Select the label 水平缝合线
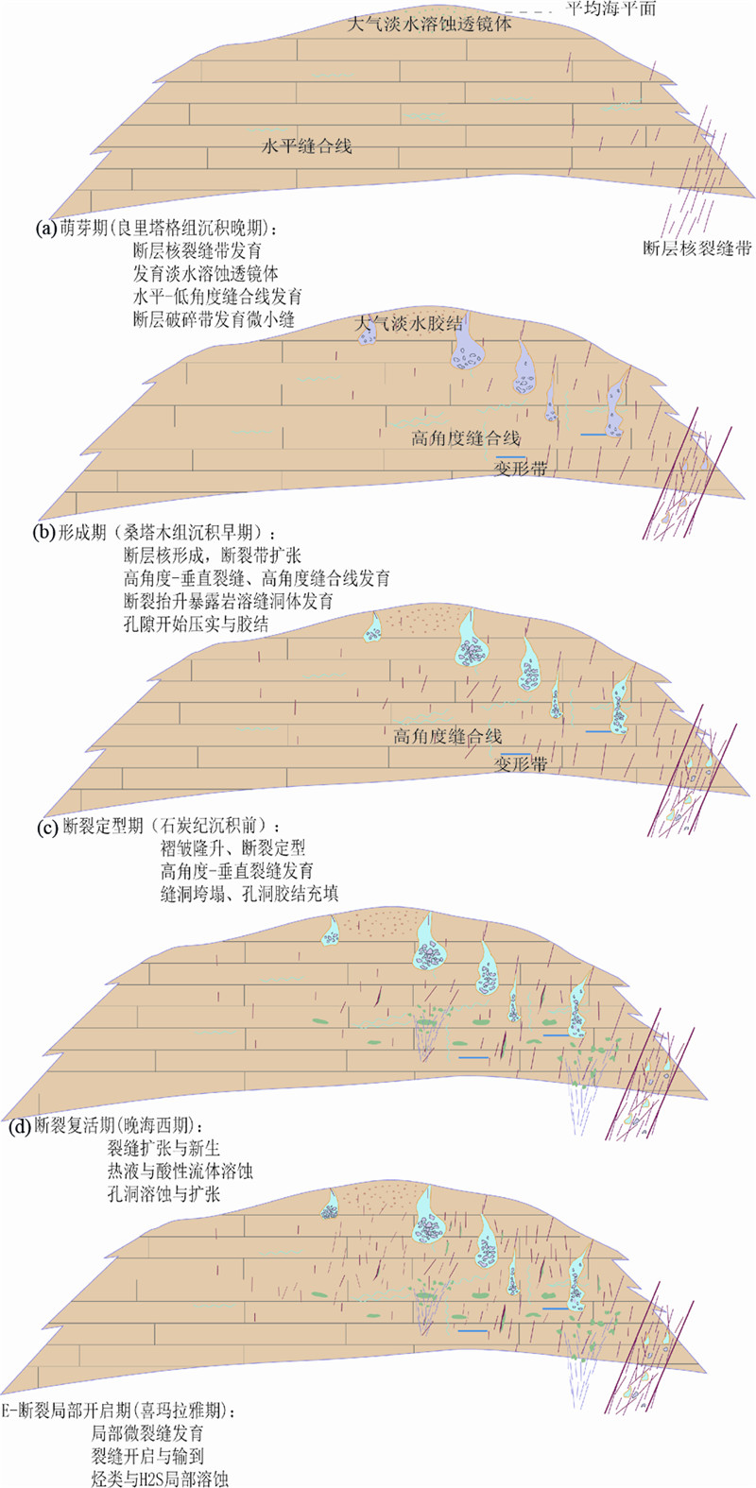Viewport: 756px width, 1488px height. pos(306,147)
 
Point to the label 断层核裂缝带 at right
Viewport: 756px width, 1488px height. pos(697,248)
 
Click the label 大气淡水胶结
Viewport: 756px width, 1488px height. pos(408,324)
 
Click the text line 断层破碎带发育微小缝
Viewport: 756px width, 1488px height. pos(214,319)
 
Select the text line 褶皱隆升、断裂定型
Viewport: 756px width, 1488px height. pos(232,849)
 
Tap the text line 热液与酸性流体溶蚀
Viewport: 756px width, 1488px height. pos(180,1172)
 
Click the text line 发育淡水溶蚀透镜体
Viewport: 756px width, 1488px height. pos(206,274)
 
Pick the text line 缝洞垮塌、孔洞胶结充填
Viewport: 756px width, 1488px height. pos(249,894)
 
